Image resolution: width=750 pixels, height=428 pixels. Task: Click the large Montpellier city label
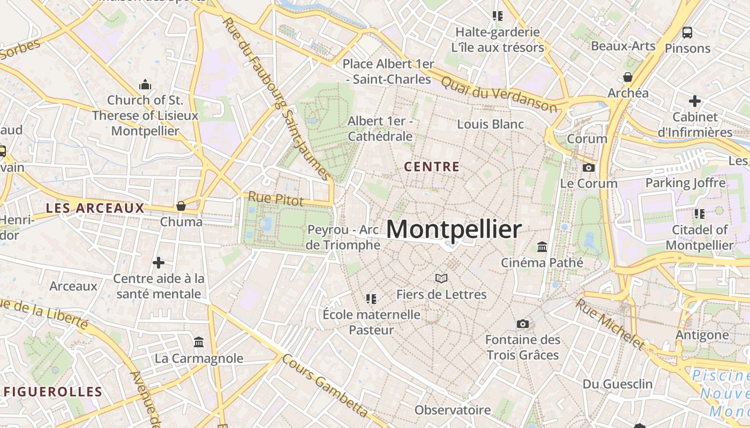coord(453,230)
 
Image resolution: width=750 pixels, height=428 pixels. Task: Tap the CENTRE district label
coord(432,167)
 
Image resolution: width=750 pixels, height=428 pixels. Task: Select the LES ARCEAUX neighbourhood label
coord(95,208)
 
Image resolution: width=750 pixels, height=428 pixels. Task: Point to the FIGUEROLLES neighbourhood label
coord(53,392)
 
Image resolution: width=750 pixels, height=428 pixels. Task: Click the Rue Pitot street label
coord(276,199)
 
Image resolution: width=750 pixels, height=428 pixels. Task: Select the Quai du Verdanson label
coord(499,94)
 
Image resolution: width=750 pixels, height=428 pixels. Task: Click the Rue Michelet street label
coord(610,323)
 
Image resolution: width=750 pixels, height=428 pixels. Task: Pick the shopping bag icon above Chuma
coord(181,206)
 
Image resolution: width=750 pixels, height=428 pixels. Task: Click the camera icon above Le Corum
coord(589,167)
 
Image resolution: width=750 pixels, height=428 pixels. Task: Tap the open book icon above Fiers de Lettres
coord(441,278)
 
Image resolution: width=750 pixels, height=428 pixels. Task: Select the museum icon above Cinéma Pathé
coord(542,247)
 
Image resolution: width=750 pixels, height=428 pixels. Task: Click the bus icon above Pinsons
coord(687,32)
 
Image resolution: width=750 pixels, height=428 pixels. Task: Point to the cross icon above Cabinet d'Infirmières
coord(695,101)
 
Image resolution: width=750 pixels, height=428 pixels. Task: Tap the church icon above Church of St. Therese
coord(145,85)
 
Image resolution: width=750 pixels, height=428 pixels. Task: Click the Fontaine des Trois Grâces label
coord(523,347)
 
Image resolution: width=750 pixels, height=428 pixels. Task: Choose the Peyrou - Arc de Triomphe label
coord(343,238)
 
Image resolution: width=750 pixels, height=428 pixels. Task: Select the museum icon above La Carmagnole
coord(199,342)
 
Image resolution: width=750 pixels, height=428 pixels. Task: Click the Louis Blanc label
coord(490,124)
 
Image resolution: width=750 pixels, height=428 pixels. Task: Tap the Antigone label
coord(702,335)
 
